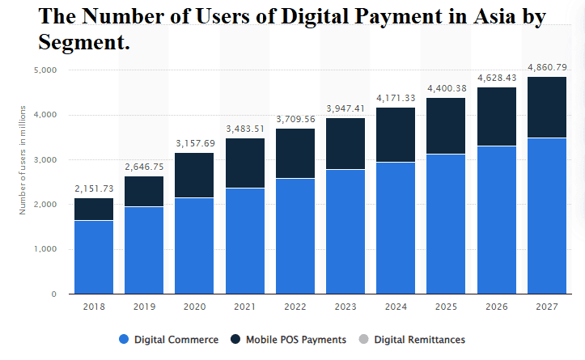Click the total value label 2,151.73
click(93, 188)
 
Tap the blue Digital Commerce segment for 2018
click(93, 256)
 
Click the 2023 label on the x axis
click(345, 306)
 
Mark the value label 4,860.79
click(547, 67)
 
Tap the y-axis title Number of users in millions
click(23, 159)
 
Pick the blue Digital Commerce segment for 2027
click(547, 216)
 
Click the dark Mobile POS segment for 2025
click(446, 126)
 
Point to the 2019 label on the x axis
click(143, 306)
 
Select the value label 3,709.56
click(295, 119)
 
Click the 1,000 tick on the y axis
click(45, 249)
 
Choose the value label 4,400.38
click(446, 88)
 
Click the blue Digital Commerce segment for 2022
click(295, 236)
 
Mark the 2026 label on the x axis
click(496, 306)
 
